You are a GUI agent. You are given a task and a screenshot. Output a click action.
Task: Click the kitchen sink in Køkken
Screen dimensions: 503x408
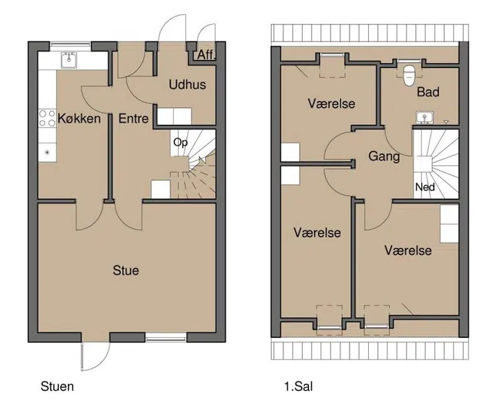coord(69,60)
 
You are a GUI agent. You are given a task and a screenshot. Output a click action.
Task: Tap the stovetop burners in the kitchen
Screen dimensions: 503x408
coord(47,118)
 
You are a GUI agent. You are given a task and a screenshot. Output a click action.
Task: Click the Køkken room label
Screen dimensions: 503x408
coord(79,119)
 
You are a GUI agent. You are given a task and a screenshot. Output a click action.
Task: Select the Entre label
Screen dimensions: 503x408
coord(133,119)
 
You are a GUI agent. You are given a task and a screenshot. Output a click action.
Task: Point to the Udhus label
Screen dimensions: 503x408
coord(188,85)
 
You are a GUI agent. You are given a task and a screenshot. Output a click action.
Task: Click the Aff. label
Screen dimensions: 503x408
coord(206,55)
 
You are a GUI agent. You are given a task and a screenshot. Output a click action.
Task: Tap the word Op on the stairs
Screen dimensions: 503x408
coord(180,143)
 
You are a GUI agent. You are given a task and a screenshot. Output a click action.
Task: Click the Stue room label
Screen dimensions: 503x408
coord(126,271)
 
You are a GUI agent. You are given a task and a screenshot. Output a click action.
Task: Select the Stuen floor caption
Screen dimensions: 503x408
coord(57,386)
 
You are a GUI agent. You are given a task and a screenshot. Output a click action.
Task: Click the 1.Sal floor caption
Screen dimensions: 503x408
coord(298,386)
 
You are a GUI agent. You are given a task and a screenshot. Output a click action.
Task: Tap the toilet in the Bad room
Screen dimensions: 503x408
coord(409,75)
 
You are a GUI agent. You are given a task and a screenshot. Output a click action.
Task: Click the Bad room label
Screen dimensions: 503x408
coord(428,92)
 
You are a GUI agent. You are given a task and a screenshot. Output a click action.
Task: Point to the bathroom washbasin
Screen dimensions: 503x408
coord(425,117)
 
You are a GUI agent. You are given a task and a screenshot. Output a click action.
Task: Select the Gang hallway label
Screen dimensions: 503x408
coord(384,156)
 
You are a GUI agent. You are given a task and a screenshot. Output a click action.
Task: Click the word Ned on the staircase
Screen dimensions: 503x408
coord(425,187)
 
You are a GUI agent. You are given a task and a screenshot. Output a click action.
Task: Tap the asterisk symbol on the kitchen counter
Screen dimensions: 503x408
coord(47,152)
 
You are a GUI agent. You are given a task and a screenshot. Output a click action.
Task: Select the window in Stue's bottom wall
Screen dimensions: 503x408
coord(166,337)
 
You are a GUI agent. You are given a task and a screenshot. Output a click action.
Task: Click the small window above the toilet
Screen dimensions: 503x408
coord(409,61)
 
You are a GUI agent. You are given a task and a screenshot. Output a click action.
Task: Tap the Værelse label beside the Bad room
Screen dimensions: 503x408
coord(331,104)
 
